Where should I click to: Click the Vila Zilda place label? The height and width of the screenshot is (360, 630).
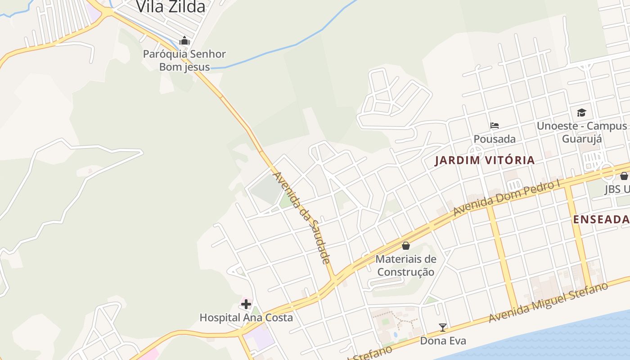point(171,6)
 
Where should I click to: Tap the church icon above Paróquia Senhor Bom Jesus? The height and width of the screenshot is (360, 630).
point(184,41)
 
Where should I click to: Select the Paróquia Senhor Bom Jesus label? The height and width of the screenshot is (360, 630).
point(184,60)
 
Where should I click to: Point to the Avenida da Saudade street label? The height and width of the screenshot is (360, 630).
point(302,218)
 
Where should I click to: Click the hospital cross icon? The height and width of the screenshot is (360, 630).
point(246,304)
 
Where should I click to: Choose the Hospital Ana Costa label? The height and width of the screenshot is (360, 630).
point(246,318)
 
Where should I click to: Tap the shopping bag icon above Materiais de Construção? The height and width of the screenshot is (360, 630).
point(406,246)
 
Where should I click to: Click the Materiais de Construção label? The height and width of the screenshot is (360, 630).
point(406,265)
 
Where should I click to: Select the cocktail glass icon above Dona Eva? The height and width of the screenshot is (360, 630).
point(443,328)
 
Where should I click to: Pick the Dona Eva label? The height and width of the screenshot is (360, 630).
point(443,341)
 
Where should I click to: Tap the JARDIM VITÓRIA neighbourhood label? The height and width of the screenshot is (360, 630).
point(485,160)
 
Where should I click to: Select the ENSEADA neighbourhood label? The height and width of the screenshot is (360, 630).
point(601,219)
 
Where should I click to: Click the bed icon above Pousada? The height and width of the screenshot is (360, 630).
point(495,126)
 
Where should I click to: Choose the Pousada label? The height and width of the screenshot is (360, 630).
point(495,139)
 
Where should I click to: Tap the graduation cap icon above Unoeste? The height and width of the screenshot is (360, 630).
point(582,112)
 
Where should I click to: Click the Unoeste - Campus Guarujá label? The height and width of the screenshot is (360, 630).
point(582,132)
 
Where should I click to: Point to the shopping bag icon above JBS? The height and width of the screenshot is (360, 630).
point(624,176)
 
